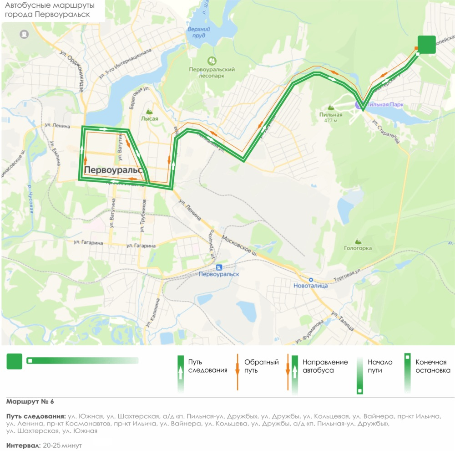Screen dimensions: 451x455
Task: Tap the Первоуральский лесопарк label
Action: (x=212, y=72)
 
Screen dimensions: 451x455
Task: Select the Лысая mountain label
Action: (x=149, y=118)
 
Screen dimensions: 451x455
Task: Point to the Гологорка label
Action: (x=358, y=248)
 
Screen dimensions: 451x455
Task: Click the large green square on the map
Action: (x=427, y=45)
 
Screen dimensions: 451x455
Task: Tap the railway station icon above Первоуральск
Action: (x=219, y=267)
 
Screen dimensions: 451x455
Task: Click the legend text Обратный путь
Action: (x=261, y=366)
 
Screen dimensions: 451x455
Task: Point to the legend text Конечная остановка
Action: (x=433, y=366)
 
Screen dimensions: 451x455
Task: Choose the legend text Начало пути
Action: (x=380, y=366)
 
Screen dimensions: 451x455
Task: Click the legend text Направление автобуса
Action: (x=325, y=366)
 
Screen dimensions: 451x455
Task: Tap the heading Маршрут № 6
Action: (x=30, y=401)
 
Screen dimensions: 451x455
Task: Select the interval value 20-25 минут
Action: (x=62, y=445)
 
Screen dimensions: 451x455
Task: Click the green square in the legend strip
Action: (x=14, y=361)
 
